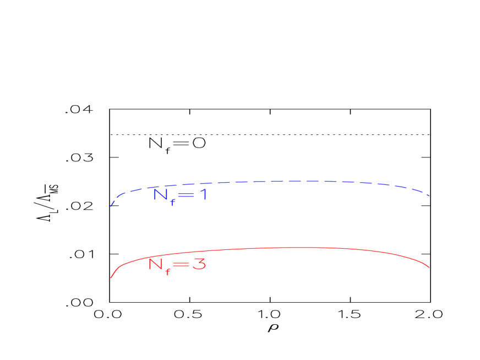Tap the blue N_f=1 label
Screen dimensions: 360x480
pyautogui.click(x=179, y=195)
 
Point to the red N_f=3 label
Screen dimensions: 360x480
pyautogui.click(x=177, y=265)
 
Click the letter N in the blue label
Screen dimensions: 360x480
pyautogui.click(x=160, y=194)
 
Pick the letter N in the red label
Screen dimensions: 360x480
pyautogui.click(x=156, y=264)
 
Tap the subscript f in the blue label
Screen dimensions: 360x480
pyautogui.click(x=172, y=200)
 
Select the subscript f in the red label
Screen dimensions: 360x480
pyautogui.click(x=168, y=270)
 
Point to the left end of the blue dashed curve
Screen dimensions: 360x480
pyautogui.click(x=111, y=206)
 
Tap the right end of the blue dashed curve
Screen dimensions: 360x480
pyautogui.click(x=430, y=195)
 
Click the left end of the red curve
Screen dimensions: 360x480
pyautogui.click(x=111, y=277)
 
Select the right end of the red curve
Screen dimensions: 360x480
pyautogui.click(x=429, y=268)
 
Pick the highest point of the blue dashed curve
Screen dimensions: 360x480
pyautogui.click(x=303, y=181)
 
